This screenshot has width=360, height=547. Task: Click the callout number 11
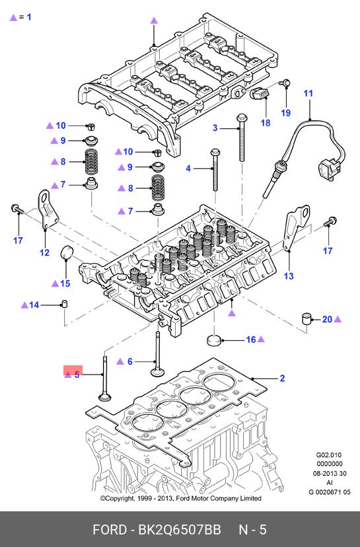click(x=308, y=94)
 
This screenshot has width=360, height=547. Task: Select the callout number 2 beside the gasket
click(x=282, y=378)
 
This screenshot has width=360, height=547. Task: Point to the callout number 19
click(x=286, y=113)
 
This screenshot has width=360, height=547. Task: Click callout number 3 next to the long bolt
click(x=215, y=128)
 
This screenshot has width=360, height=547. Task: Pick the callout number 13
click(x=289, y=276)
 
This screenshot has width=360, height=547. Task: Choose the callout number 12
click(x=45, y=252)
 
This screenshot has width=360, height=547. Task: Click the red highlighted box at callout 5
click(x=73, y=371)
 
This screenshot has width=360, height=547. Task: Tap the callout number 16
click(x=251, y=340)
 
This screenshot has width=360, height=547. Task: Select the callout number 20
click(x=327, y=319)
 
